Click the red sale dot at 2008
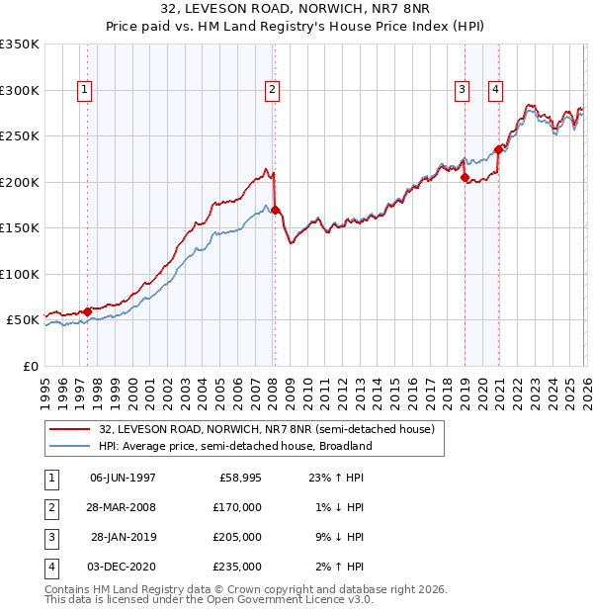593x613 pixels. coord(275,210)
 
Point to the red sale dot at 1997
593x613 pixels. coord(87,311)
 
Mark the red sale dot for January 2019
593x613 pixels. coord(465,177)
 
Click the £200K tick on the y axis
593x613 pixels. coord(20,182)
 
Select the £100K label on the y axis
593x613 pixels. coord(20,274)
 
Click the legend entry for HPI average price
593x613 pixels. coord(234,446)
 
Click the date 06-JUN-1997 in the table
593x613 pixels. coord(123,478)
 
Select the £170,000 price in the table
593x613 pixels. coord(238,507)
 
